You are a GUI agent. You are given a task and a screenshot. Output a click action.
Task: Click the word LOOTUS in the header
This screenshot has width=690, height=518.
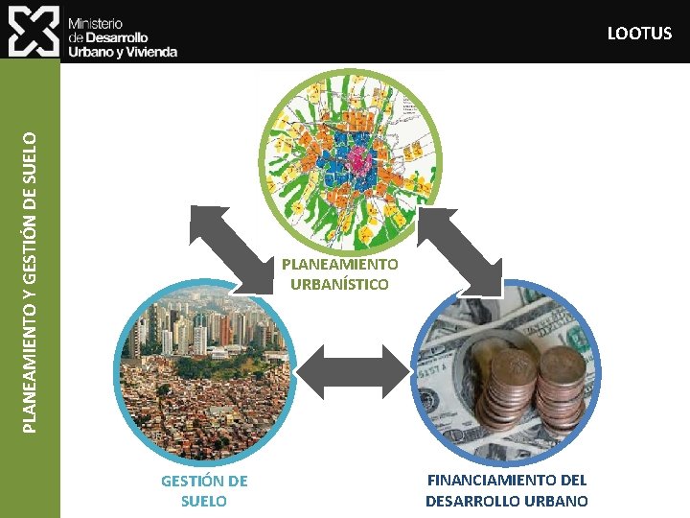click(x=639, y=34)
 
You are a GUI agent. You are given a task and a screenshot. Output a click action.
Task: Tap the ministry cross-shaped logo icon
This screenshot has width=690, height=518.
click(x=34, y=31)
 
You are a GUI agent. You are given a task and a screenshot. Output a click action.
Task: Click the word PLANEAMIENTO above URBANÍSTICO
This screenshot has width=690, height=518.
click(x=339, y=264)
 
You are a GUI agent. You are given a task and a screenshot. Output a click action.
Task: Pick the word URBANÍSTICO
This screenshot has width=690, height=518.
click(x=339, y=284)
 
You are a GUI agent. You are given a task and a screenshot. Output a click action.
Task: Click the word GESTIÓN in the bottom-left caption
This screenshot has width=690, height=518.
click(x=203, y=481)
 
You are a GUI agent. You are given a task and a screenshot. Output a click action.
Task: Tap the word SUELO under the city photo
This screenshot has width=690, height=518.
click(x=203, y=501)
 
